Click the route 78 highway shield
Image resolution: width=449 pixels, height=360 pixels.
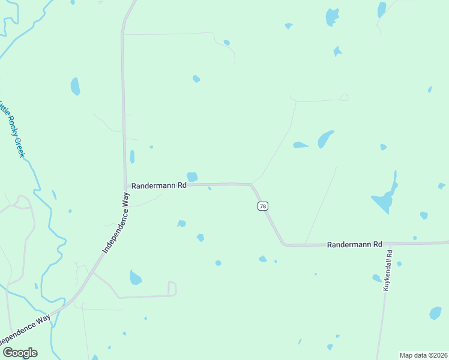(x=262, y=206)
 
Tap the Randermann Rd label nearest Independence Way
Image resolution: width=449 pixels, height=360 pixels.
(x=159, y=186)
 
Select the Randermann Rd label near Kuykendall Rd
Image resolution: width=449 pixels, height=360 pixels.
(x=355, y=245)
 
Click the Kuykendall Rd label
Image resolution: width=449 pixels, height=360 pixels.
(x=388, y=270)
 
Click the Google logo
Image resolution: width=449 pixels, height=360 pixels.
(x=20, y=352)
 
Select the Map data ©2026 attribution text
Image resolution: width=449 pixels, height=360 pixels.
(x=423, y=355)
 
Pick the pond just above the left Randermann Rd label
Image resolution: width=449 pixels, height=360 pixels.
(x=192, y=176)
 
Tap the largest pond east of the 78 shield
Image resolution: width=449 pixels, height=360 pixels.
(x=384, y=198)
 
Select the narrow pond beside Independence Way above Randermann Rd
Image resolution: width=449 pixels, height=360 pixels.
(x=132, y=157)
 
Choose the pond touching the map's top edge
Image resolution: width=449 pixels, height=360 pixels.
(x=381, y=9)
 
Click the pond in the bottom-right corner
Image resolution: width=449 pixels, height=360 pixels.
(x=435, y=313)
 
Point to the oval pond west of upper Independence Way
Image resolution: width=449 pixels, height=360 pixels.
(x=75, y=86)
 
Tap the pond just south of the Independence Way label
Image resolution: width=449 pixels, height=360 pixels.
(x=136, y=278)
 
